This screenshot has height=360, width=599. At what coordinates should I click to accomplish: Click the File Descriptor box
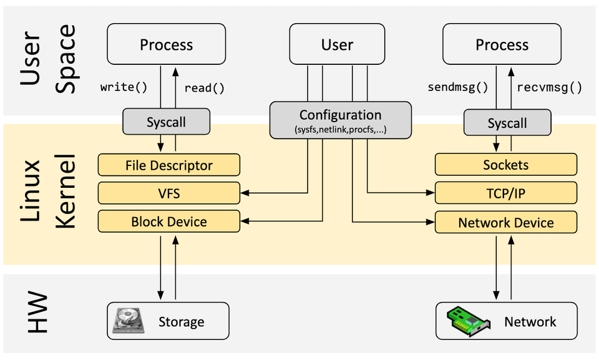(168, 165)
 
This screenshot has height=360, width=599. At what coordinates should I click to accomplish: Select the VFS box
(168, 193)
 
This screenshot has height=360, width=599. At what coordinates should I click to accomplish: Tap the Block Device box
(168, 221)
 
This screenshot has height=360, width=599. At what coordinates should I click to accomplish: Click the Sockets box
(505, 165)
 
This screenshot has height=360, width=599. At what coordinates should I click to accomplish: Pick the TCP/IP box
(505, 193)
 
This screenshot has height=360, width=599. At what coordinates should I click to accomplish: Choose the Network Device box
(505, 223)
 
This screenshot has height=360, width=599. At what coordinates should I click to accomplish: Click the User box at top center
(337, 45)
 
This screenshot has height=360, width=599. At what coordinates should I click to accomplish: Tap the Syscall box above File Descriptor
(166, 122)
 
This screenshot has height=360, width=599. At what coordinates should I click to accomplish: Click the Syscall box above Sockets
(507, 123)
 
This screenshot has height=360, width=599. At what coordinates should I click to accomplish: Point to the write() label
(124, 87)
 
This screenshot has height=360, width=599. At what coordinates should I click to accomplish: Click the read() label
(204, 88)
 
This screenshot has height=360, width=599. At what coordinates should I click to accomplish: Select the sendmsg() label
(457, 87)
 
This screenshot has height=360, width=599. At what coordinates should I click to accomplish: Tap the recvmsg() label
(550, 87)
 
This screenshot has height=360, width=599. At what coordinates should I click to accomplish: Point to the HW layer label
(39, 314)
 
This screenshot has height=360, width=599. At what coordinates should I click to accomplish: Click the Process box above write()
(166, 44)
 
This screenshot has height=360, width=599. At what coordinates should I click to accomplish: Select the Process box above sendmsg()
(502, 44)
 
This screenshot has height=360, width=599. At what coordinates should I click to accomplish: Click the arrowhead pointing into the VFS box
(245, 193)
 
